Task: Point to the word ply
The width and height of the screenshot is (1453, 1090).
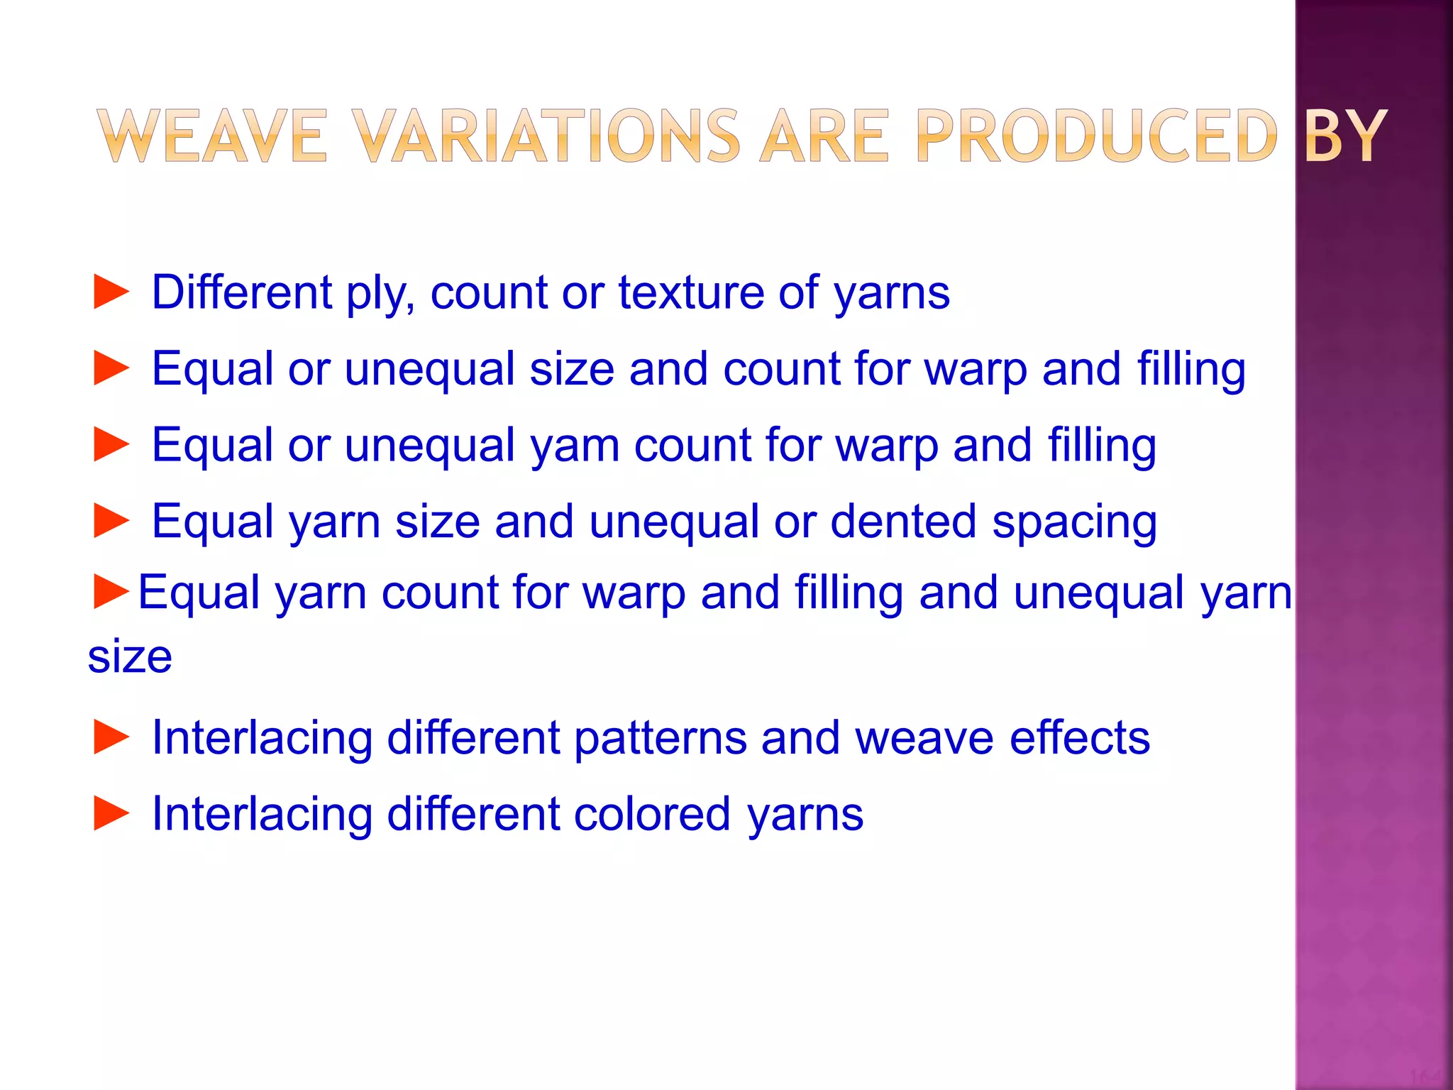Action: (380, 294)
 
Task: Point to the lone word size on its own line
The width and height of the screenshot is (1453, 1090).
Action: (130, 656)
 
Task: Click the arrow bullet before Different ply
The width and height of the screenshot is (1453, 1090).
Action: (111, 292)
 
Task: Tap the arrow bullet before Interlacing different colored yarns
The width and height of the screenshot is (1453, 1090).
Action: (111, 813)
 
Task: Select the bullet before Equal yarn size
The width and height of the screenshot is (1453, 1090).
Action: (111, 522)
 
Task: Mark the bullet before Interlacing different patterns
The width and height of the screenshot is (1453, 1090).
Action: (111, 737)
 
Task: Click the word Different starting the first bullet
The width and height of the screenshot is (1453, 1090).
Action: (242, 292)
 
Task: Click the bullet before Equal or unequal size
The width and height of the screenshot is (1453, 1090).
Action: (111, 369)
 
